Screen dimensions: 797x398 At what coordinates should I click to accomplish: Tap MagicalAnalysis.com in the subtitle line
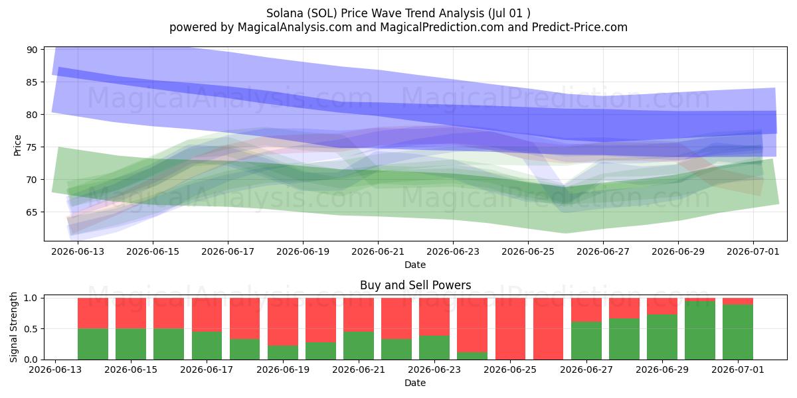click(x=295, y=27)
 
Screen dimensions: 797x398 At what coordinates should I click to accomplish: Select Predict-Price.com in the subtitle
click(x=580, y=27)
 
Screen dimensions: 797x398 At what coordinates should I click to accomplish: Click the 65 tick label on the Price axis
click(x=33, y=212)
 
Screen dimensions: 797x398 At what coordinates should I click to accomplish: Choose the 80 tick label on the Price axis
click(x=33, y=115)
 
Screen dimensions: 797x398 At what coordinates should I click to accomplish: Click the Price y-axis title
click(x=17, y=145)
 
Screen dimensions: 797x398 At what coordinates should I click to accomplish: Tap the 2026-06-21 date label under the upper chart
click(x=378, y=251)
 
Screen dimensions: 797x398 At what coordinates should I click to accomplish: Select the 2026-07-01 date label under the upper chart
click(x=753, y=251)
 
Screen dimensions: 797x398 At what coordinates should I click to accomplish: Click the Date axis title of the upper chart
click(x=415, y=265)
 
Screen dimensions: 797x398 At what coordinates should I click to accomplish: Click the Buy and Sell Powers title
click(x=415, y=285)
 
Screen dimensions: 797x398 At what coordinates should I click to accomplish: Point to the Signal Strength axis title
click(x=13, y=327)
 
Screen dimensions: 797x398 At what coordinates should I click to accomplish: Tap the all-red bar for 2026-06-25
click(x=510, y=329)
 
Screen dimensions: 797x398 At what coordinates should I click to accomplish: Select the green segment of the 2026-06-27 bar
click(x=586, y=341)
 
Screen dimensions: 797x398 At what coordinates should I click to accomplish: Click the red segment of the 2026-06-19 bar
click(x=283, y=322)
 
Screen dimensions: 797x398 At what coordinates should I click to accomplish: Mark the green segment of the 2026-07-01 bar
click(x=738, y=332)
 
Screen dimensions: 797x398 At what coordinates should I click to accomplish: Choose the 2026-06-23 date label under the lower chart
click(x=434, y=369)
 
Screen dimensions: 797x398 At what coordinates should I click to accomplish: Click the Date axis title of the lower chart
click(x=415, y=383)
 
